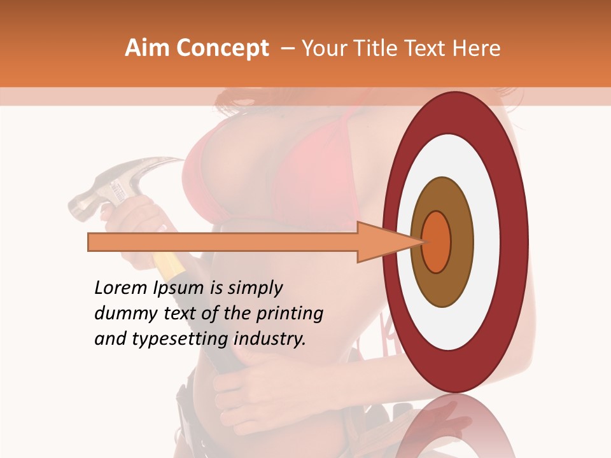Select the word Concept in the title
pos(222,48)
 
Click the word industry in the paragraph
pos(269,340)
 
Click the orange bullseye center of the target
pos(437,242)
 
